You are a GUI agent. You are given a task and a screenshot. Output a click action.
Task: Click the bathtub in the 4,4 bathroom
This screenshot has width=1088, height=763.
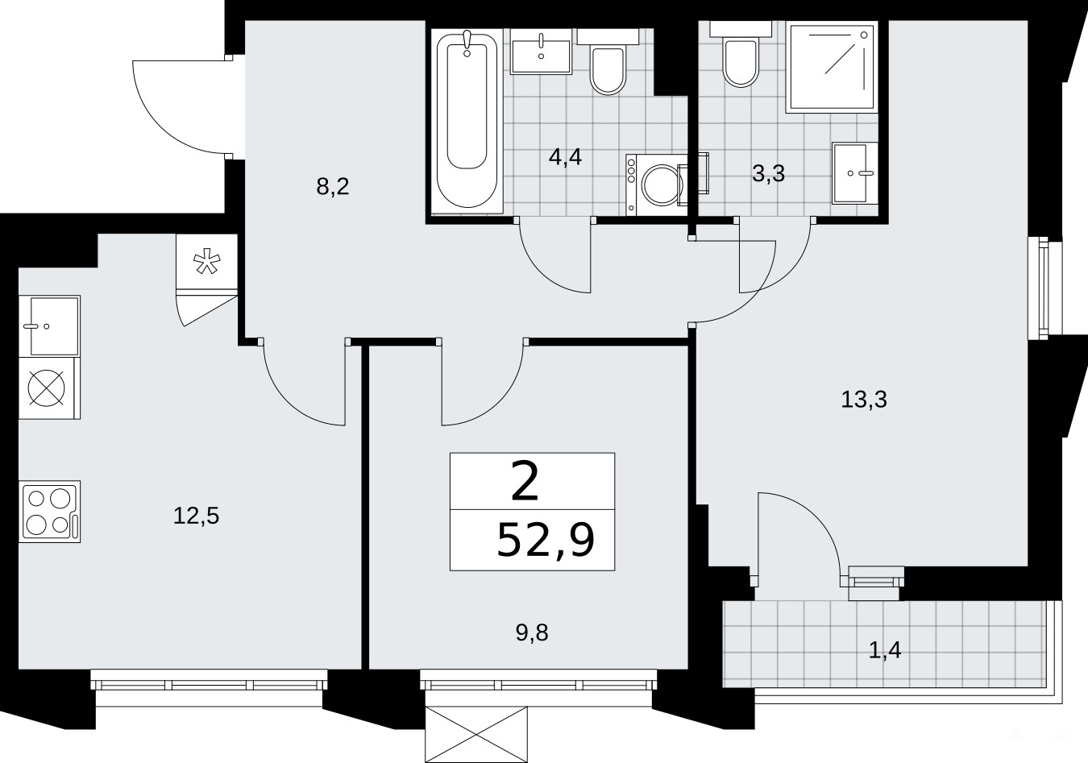(467, 122)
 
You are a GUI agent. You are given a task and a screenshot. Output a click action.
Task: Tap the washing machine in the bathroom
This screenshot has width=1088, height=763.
(656, 185)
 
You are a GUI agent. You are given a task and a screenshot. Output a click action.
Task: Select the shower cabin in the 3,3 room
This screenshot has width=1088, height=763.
(832, 67)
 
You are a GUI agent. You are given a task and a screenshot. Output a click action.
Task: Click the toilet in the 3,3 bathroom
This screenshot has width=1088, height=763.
(740, 54)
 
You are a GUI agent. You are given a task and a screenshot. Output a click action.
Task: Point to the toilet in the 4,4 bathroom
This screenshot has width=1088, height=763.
(608, 62)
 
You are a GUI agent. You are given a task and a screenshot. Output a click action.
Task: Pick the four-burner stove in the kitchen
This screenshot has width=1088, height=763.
(49, 512)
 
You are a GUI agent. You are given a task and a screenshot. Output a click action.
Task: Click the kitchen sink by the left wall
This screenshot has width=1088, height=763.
(49, 326)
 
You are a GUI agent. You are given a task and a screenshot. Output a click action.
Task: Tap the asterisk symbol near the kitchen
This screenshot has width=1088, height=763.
(207, 261)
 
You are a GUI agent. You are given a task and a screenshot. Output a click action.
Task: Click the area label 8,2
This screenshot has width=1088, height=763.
(333, 186)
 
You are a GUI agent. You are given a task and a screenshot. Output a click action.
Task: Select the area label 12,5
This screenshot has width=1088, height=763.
(196, 516)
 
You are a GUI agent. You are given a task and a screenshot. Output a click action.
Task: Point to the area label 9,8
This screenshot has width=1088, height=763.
(532, 633)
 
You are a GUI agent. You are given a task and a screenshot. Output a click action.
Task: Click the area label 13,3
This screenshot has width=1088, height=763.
(864, 400)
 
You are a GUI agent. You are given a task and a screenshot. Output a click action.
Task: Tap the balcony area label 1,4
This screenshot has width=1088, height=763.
(884, 650)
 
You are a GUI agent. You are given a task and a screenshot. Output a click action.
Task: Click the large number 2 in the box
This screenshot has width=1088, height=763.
(525, 481)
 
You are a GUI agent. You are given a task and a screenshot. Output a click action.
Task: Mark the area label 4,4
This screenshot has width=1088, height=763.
(565, 157)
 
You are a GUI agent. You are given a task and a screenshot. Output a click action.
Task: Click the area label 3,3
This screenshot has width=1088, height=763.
(768, 173)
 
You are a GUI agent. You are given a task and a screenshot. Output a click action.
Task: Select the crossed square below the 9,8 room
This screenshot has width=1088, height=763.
(476, 734)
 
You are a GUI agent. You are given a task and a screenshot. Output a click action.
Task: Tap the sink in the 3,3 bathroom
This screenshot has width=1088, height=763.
(855, 173)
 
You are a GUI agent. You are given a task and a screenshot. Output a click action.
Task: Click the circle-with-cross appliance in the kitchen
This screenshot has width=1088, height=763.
(47, 388)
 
